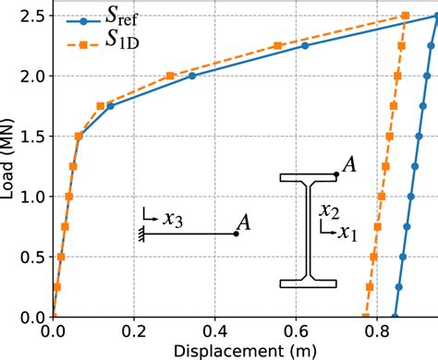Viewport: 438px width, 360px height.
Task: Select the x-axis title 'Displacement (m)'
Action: pyautogui.click(x=245, y=350)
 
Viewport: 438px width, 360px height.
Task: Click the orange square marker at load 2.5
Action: pyautogui.click(x=406, y=16)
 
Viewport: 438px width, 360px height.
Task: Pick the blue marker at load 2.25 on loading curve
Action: pyautogui.click(x=306, y=45)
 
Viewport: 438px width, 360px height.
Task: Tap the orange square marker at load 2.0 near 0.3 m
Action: pyautogui.click(x=171, y=76)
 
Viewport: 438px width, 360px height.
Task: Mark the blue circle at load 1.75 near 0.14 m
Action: pyautogui.click(x=110, y=106)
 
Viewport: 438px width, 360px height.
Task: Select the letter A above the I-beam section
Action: pyautogui.click(x=350, y=164)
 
